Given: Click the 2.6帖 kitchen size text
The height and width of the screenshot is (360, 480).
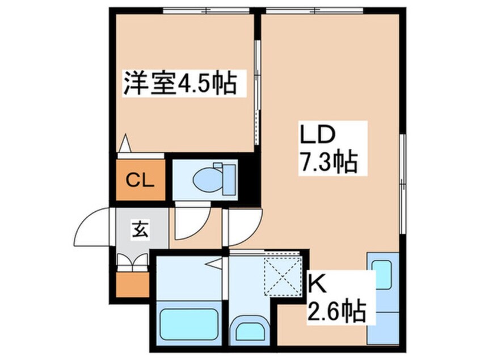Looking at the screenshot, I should point(335,311).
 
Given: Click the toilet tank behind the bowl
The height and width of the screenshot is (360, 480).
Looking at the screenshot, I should point(228,179).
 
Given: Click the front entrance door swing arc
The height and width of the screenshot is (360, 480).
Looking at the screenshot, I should point(94,227).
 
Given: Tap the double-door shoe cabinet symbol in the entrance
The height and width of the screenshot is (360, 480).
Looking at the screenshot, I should point(132,261).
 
